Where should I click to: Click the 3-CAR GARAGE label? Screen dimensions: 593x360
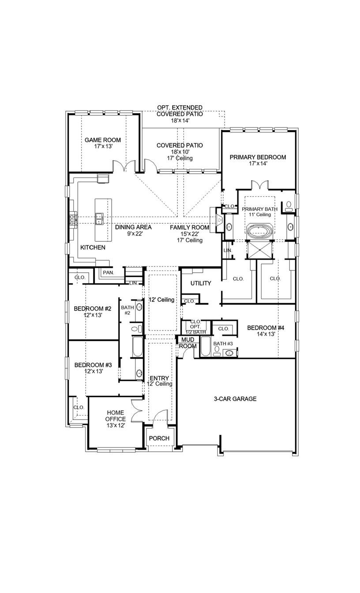(x=235, y=399)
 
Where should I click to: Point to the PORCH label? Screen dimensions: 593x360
(x=159, y=438)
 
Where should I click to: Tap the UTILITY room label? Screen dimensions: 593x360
(x=201, y=283)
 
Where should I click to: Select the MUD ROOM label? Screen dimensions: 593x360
(x=186, y=343)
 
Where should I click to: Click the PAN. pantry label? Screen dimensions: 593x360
(x=108, y=273)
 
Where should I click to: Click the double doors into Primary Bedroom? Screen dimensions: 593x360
(x=258, y=185)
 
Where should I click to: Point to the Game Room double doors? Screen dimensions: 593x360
(x=124, y=167)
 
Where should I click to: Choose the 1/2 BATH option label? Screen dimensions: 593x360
(x=195, y=332)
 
